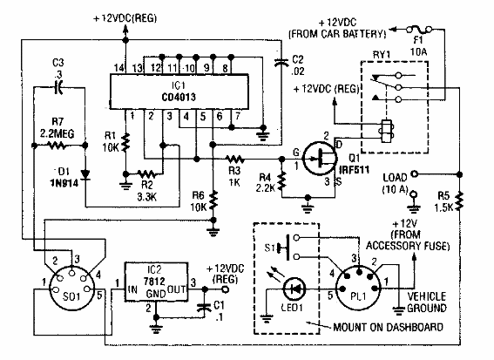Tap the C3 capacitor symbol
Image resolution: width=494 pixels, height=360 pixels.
click(58, 85)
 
